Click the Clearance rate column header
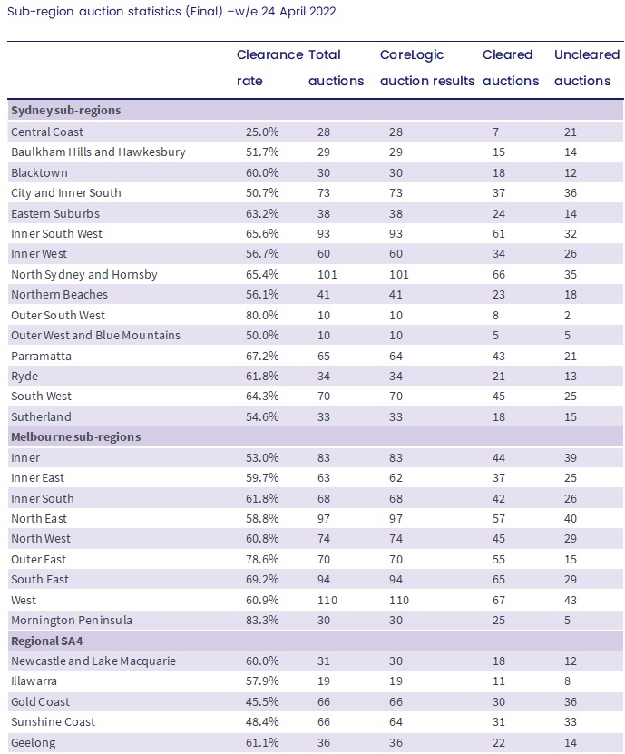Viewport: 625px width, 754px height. [x=269, y=67]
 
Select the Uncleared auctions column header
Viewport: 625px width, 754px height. [x=587, y=67]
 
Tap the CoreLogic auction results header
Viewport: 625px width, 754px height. [x=427, y=67]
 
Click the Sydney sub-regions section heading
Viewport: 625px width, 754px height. [x=66, y=110]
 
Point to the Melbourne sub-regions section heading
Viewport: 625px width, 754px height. [x=76, y=437]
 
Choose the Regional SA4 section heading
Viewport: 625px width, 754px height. [x=46, y=641]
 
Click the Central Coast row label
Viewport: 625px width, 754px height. [x=47, y=132]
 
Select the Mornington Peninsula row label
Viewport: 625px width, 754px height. [x=72, y=621]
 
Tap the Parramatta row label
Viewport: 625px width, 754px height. [x=42, y=357]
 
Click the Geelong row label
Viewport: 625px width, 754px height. [x=34, y=743]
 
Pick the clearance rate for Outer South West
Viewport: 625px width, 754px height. [x=262, y=316]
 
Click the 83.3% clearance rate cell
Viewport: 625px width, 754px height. [x=262, y=621]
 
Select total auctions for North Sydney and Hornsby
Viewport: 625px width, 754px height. [x=327, y=275]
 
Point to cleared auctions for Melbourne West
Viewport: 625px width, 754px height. [x=499, y=600]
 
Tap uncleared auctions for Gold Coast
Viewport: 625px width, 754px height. [x=571, y=702]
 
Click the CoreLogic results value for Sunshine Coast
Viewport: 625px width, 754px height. [x=396, y=722]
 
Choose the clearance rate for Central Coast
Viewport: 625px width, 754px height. [x=262, y=132]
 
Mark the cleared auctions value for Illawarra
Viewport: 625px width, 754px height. [x=499, y=681]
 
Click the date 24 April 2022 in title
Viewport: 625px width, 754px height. [x=298, y=11]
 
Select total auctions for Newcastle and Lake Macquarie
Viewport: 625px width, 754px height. [x=324, y=661]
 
